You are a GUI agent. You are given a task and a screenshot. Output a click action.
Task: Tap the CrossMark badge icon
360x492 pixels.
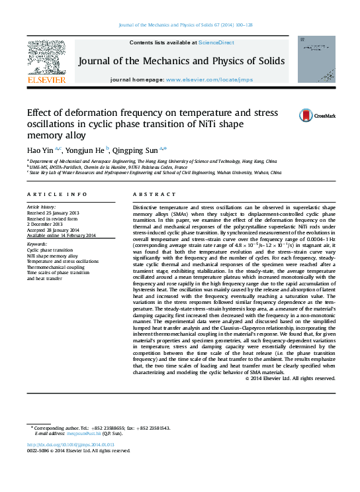coord(306,115)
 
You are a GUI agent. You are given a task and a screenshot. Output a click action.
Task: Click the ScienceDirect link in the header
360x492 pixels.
coord(216,42)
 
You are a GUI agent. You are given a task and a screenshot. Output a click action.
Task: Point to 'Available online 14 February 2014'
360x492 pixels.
coord(61,235)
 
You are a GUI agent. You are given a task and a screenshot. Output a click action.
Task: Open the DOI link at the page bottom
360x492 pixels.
coord(70,444)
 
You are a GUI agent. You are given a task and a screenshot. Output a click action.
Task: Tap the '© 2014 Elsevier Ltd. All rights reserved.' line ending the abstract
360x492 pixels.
coord(290,378)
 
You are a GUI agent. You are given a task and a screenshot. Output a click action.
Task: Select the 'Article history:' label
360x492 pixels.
coord(40,207)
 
